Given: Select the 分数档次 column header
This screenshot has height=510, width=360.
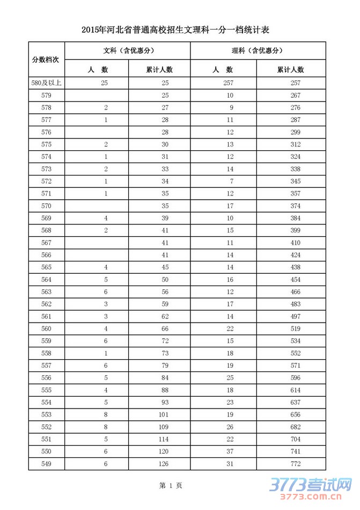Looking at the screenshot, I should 46,59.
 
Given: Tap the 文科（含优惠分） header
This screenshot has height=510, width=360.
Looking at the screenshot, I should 127,50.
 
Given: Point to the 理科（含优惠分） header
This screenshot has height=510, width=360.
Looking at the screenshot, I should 258,50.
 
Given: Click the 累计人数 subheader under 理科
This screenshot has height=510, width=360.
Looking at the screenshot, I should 291,69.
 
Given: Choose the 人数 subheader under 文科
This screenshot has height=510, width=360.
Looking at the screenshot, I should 97,69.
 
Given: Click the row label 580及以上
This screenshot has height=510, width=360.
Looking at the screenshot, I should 46,82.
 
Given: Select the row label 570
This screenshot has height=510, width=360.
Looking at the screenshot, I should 46,206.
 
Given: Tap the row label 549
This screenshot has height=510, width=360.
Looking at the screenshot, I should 46,464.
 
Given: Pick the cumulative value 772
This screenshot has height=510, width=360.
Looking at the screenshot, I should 296,464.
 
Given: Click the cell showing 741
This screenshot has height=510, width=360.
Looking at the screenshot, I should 296,451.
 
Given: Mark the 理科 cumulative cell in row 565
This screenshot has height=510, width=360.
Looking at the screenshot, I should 296,267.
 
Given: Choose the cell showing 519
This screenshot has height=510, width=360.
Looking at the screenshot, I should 296,329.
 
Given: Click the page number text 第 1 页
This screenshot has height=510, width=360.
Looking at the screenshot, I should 171,486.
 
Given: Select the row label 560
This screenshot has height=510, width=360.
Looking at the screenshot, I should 46,329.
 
